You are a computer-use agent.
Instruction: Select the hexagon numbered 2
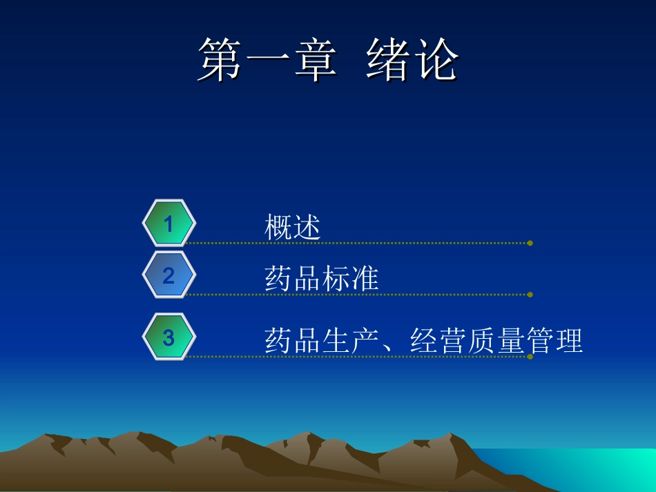pyautogui.click(x=168, y=275)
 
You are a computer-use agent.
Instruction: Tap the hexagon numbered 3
pyautogui.click(x=168, y=337)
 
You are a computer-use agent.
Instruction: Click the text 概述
pyautogui.click(x=293, y=227)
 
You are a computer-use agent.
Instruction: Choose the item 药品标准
pyautogui.click(x=322, y=279)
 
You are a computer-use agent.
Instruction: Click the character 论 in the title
pyautogui.click(x=436, y=60)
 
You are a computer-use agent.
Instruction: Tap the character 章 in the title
pyautogui.click(x=315, y=60)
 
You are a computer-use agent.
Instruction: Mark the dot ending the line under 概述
pyautogui.click(x=530, y=243)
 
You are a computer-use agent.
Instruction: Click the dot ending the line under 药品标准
pyautogui.click(x=530, y=295)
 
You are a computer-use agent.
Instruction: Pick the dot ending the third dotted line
pyautogui.click(x=530, y=357)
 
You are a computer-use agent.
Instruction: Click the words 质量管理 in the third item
pyautogui.click(x=525, y=341)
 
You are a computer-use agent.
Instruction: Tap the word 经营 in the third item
pyautogui.click(x=438, y=341)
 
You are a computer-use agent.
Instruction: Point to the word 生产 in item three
pyautogui.click(x=351, y=341)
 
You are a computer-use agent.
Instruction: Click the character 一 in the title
pyautogui.click(x=268, y=60)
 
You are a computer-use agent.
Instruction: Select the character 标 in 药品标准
pyautogui.click(x=336, y=279)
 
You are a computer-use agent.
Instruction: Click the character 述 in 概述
pyautogui.click(x=307, y=227)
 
